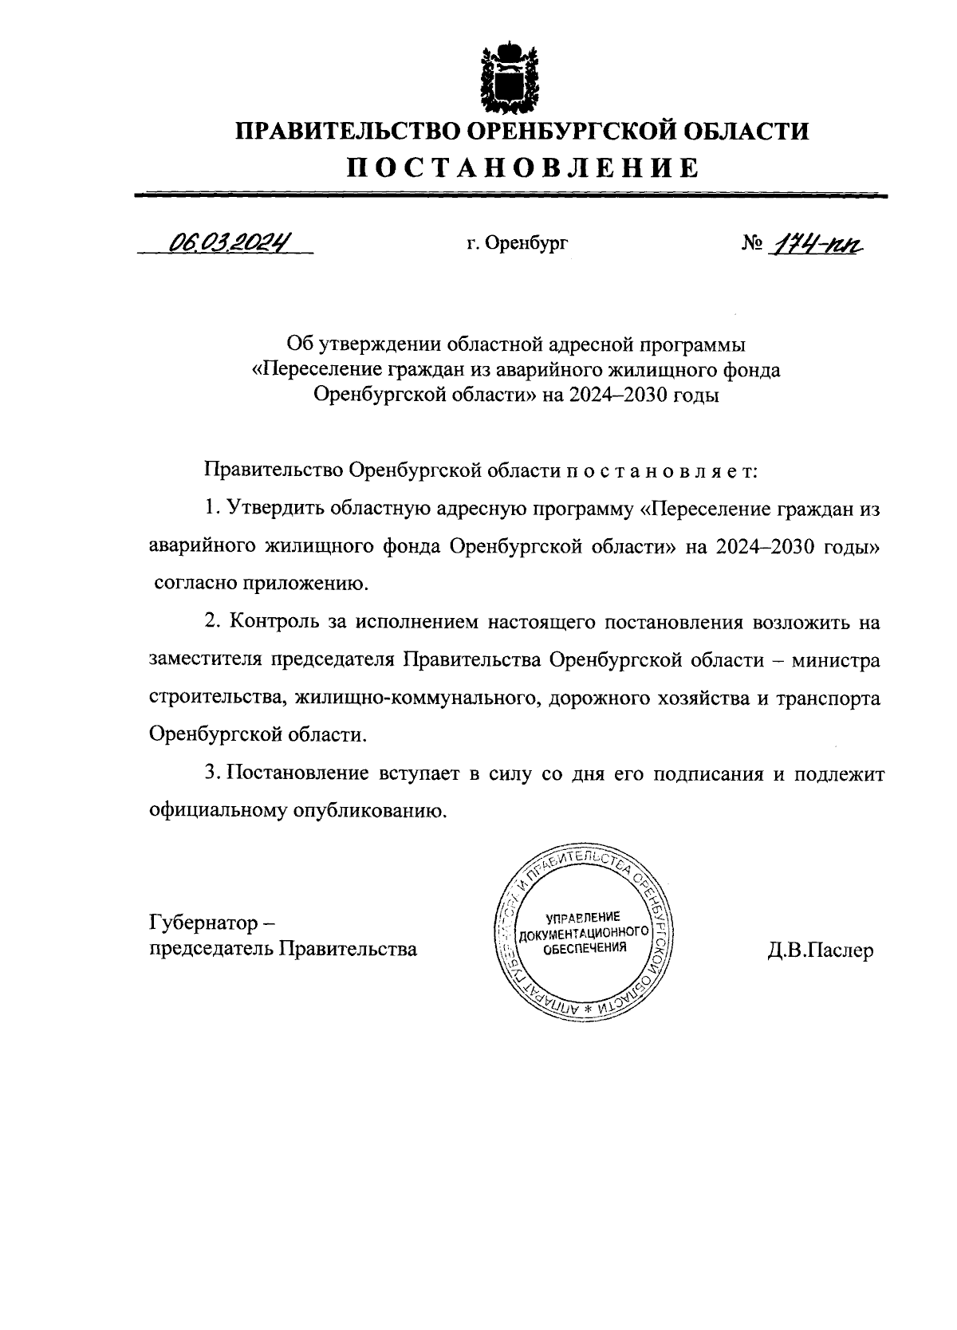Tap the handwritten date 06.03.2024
pyautogui.click(x=225, y=242)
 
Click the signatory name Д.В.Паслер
pyautogui.click(x=821, y=950)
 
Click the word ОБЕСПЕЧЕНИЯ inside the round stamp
pyautogui.click(x=584, y=947)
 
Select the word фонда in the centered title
pyautogui.click(x=746, y=371)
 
